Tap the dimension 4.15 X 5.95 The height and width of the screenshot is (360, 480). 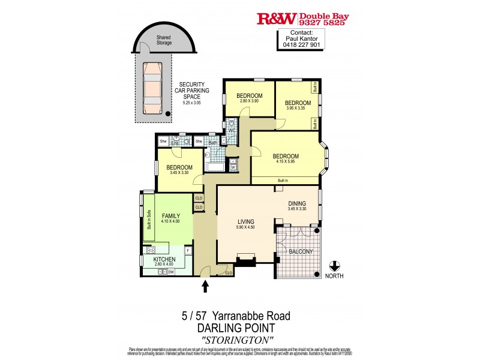tap(285, 163)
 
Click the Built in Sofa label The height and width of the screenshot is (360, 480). tap(149, 219)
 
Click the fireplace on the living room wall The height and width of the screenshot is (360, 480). tap(246, 259)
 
